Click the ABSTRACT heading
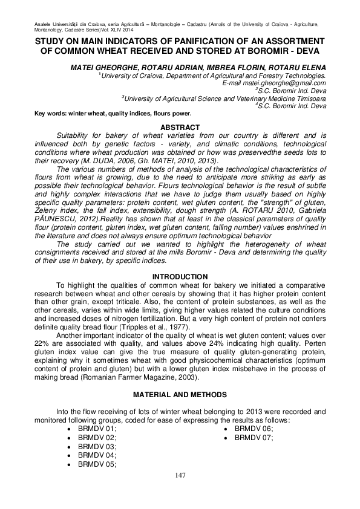click(x=179, y=127)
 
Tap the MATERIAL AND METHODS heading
click(x=179, y=394)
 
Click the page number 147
click(x=180, y=475)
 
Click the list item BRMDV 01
click(x=97, y=428)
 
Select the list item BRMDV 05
click(x=97, y=464)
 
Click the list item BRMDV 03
click(x=97, y=446)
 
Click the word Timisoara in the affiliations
click(x=306, y=97)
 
